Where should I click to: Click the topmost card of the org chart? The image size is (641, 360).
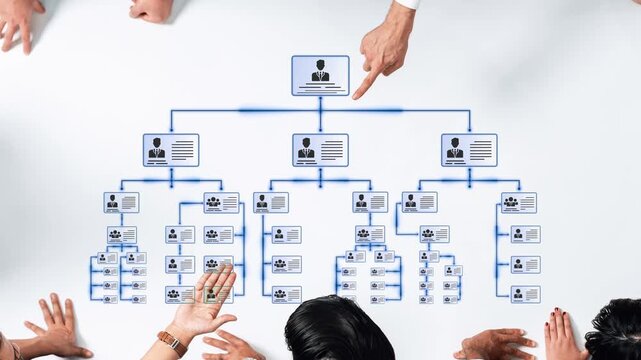(320, 75)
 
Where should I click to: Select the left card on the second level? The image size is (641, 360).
(170, 150)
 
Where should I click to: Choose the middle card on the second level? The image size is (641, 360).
(320, 150)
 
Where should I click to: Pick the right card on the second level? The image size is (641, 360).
(469, 150)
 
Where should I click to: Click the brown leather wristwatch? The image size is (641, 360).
(172, 340)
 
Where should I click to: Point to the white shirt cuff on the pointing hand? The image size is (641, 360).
(408, 4)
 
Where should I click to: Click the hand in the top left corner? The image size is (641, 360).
(20, 20)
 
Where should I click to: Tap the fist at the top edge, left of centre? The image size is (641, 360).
(151, 10)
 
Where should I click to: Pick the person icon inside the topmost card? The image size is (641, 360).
(320, 71)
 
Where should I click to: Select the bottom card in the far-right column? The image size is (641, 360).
(525, 294)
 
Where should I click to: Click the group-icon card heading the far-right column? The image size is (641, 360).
(518, 203)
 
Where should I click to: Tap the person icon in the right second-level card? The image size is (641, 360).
(455, 149)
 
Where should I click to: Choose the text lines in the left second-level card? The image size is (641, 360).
(183, 150)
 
